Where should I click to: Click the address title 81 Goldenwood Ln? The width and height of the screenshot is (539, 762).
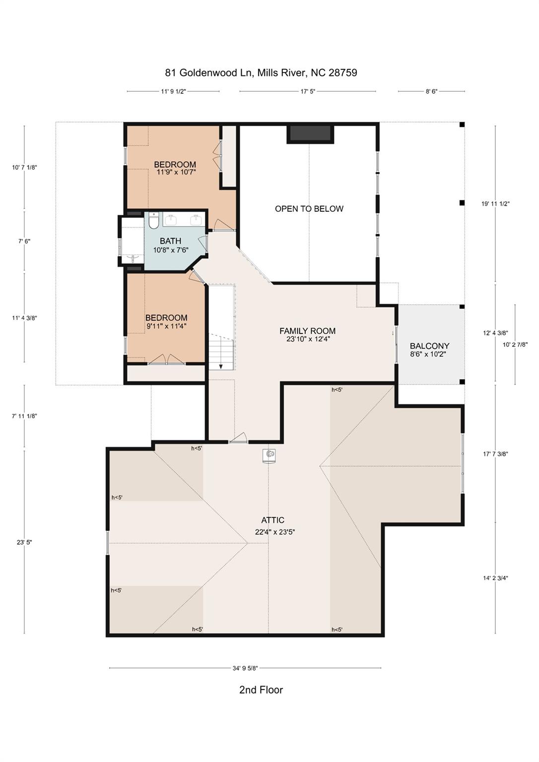click(x=261, y=73)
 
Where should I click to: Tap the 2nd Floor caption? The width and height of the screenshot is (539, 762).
click(x=261, y=690)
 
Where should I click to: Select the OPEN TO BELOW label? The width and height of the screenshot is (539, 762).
click(x=309, y=209)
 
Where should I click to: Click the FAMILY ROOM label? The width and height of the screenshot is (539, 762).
click(x=307, y=331)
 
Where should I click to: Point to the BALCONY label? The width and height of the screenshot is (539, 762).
click(x=429, y=346)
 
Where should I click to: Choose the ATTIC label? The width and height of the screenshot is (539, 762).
click(x=272, y=520)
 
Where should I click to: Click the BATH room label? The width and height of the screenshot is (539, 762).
click(x=170, y=241)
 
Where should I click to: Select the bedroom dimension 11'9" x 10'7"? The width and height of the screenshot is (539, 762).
click(x=176, y=172)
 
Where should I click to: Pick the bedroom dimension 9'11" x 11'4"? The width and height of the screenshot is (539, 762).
click(x=166, y=326)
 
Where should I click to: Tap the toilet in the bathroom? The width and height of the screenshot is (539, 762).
click(x=153, y=221)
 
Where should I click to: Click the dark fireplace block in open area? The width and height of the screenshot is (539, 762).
click(x=310, y=133)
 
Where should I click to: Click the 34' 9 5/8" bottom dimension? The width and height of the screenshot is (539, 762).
click(x=245, y=668)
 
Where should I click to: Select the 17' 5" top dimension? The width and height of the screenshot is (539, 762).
click(x=308, y=91)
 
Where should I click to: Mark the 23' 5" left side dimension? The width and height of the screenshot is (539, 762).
click(x=24, y=542)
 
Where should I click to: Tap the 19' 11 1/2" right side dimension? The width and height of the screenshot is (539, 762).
click(x=495, y=203)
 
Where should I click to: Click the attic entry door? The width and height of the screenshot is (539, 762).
click(x=238, y=439)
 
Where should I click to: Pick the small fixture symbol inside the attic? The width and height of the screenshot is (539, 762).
click(x=269, y=454)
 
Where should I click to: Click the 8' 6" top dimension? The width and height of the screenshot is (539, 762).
click(x=431, y=91)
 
